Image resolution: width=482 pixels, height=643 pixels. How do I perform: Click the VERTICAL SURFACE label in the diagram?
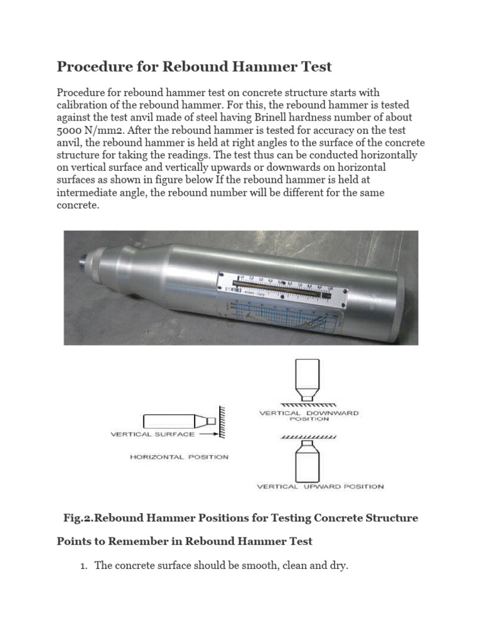coord(153,433)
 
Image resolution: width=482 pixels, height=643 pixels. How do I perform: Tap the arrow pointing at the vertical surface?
coord(210,433)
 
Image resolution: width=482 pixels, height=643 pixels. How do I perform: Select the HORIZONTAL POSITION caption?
coord(179,457)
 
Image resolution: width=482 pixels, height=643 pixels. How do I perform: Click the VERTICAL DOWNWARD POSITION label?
coord(309,416)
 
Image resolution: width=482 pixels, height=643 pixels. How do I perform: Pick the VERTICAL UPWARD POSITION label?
coord(320,486)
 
